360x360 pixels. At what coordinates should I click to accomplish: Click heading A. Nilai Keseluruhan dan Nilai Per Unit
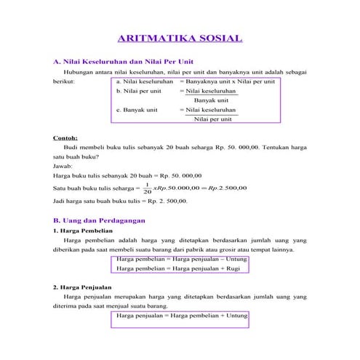(x=123, y=61)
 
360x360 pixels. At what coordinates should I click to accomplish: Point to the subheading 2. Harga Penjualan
(x=83, y=287)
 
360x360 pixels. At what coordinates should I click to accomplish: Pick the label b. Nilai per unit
(x=138, y=92)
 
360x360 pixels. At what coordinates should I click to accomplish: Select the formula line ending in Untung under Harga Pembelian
(x=182, y=258)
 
